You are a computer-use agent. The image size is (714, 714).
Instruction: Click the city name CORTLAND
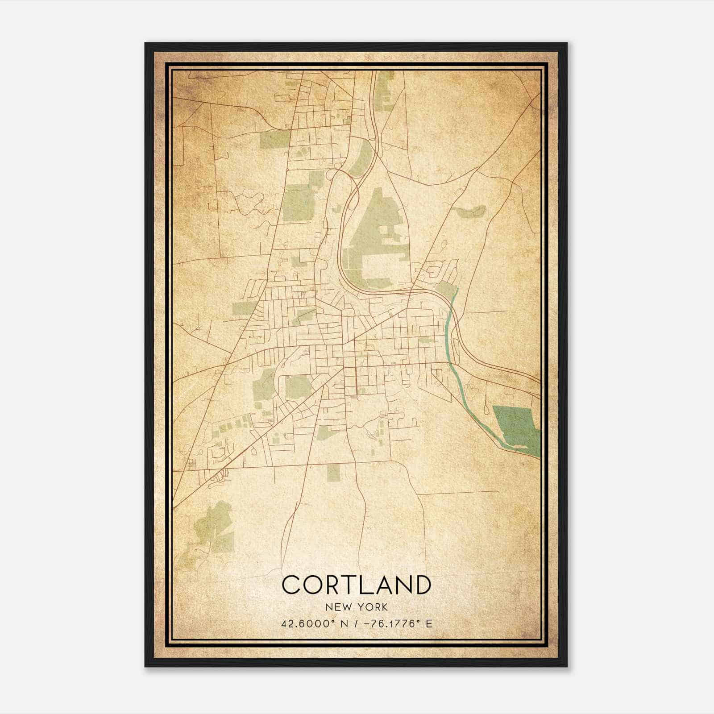(357, 585)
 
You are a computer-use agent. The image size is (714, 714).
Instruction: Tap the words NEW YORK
(357, 607)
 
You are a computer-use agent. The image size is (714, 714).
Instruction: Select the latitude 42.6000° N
(313, 623)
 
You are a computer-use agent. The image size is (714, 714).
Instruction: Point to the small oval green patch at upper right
(470, 210)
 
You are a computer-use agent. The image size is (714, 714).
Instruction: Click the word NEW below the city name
(337, 607)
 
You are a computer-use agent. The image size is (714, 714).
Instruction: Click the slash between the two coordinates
(355, 623)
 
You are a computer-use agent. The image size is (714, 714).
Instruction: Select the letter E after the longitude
(429, 623)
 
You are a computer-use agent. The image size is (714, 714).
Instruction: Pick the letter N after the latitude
(344, 623)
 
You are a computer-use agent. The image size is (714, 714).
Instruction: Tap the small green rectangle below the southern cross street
(333, 473)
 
